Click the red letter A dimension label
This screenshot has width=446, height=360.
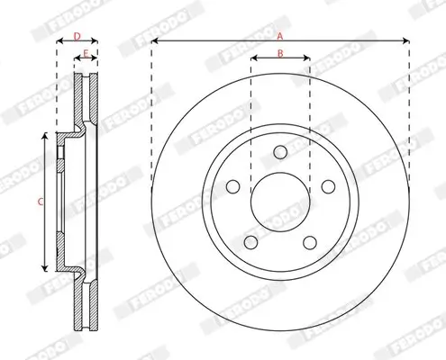(280, 35)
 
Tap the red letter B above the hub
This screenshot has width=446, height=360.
(280, 54)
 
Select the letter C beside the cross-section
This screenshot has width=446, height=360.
(40, 202)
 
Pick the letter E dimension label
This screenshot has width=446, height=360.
(86, 54)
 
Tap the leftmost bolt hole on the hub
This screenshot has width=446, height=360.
(232, 186)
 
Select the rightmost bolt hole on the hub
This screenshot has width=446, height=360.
(328, 186)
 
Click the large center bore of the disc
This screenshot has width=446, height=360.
(280, 201)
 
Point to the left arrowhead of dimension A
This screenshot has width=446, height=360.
(154, 41)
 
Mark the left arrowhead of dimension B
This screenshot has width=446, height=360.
(253, 60)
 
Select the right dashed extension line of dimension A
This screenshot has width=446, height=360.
(410, 117)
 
